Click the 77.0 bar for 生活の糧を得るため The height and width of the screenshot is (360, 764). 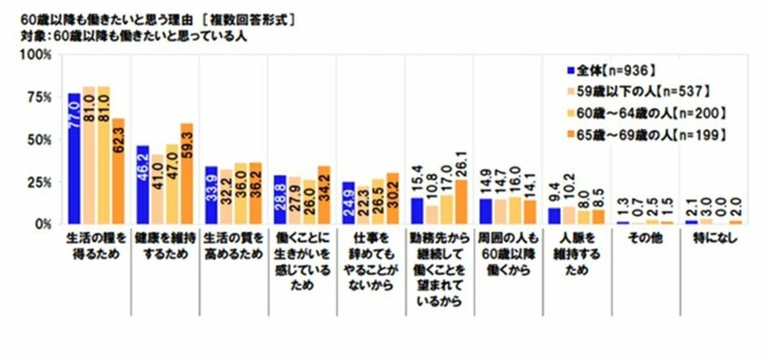[x=74, y=158]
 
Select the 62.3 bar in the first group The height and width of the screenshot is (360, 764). [x=119, y=171]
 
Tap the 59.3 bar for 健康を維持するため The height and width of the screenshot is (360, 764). [x=186, y=174]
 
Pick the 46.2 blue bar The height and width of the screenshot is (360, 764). [x=142, y=184]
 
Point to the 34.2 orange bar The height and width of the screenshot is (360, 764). [x=324, y=195]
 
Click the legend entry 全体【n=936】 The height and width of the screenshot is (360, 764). [x=616, y=70]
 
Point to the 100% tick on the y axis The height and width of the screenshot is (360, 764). [x=38, y=54]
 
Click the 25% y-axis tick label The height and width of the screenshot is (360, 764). [x=40, y=182]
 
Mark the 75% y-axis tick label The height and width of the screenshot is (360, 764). [x=40, y=97]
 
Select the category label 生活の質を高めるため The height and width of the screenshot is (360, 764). [x=233, y=247]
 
